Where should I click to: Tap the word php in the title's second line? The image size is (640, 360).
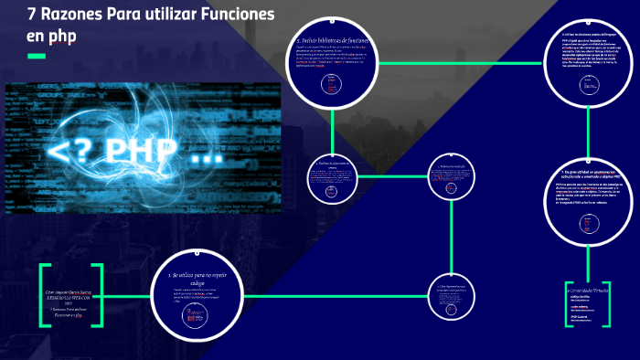(64, 35)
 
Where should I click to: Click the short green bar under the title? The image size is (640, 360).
(36, 57)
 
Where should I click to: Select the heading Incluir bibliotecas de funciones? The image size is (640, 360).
(335, 42)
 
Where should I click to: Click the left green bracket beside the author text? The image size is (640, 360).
(42, 297)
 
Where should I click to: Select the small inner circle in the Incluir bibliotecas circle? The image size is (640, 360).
(332, 84)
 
